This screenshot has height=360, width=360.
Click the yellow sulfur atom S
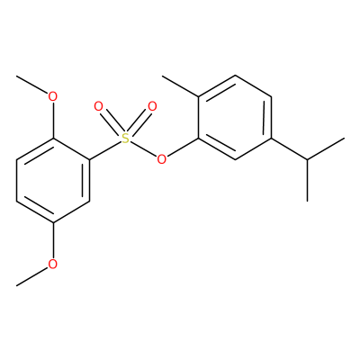tap(126, 139)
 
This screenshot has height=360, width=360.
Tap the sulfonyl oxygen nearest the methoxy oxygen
tap(98, 106)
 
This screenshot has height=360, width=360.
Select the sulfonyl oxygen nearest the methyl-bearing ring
tap(152, 106)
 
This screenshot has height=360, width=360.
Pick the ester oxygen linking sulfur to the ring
tap(162, 159)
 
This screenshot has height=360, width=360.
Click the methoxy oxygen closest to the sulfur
tap(53, 96)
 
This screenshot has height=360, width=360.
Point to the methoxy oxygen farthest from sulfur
tap(53, 265)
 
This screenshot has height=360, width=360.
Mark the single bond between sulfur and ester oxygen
tap(144, 148)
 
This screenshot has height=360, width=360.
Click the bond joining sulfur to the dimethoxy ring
tap(105, 150)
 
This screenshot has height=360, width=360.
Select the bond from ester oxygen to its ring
tap(183, 148)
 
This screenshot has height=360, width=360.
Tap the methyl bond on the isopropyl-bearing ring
tap(181, 86)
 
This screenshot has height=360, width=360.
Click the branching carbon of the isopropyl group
tap(308, 159)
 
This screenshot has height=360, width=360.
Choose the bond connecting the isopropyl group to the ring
tap(290, 148)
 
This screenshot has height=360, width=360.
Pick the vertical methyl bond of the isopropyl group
tap(308, 180)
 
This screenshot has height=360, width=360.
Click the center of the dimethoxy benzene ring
tap(53, 180)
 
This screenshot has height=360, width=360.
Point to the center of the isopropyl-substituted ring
tap(235, 117)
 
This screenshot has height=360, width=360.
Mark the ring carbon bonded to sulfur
tap(90, 159)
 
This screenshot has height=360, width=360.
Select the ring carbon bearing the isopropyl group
tap(271, 139)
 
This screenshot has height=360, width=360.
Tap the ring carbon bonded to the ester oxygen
tap(199, 139)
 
